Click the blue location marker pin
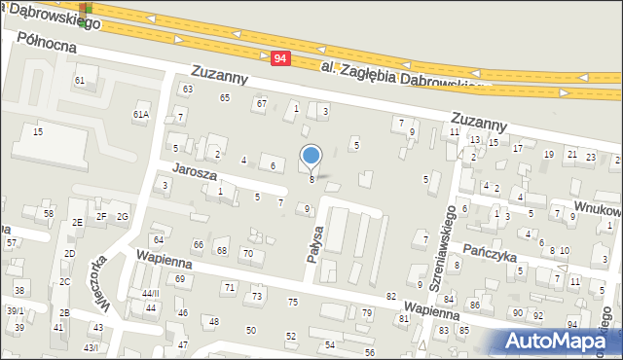(311, 156)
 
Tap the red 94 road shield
(280, 58)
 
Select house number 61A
(141, 115)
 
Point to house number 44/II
(149, 293)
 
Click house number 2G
(123, 216)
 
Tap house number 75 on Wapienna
(292, 303)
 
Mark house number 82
(391, 296)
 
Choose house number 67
(261, 103)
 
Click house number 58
(48, 213)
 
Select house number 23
(591, 156)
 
